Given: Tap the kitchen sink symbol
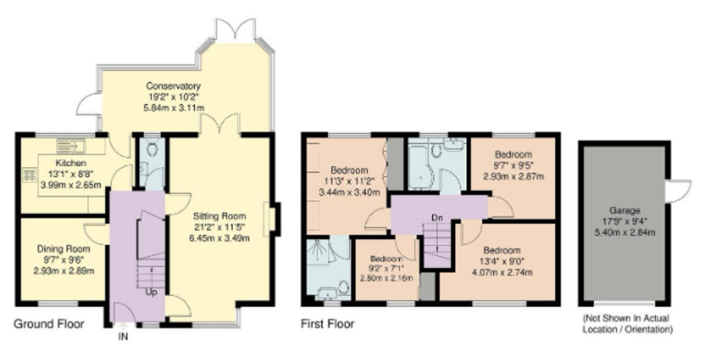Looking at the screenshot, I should point(71,144).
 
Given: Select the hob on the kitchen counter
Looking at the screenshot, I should point(27,174).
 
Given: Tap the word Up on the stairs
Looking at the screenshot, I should point(151,292).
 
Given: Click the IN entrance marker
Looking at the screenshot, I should point(123,338).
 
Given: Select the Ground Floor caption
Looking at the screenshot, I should point(49,324).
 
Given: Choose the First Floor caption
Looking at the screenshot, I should point(327,324).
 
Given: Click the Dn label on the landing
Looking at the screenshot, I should point(437,218).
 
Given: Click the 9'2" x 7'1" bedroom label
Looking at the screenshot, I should point(386,259).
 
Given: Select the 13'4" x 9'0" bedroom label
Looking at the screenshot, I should point(504,250).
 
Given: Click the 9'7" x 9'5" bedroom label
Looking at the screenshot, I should point(513,156).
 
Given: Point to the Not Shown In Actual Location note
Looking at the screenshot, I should point(627,324).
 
